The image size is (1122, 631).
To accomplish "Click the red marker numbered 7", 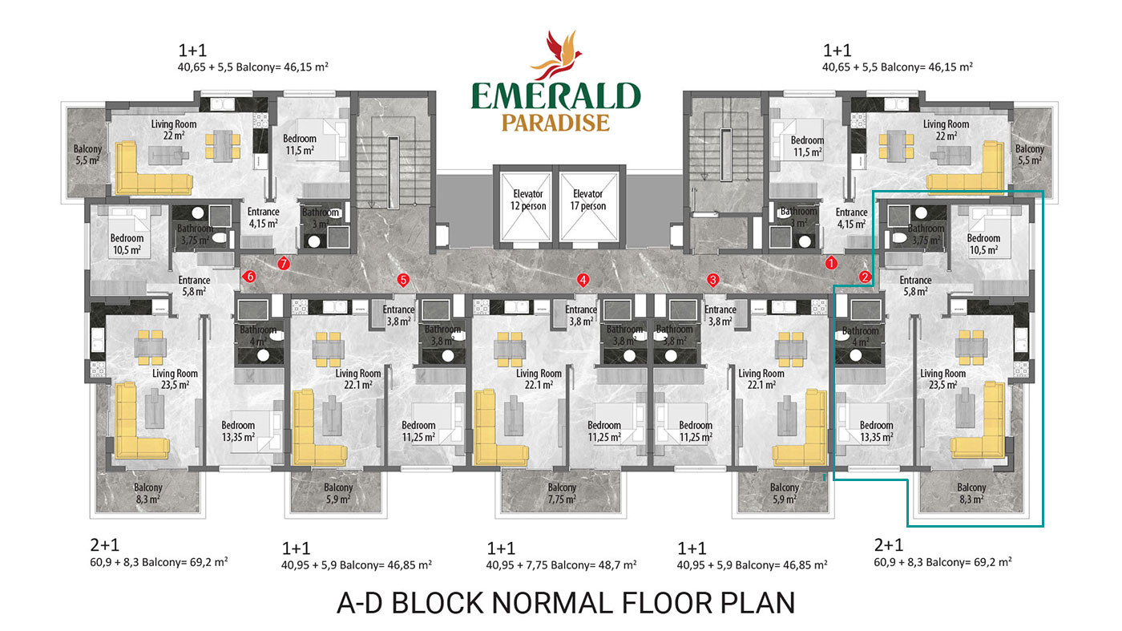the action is (284, 263).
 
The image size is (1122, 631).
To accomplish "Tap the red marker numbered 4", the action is (583, 280).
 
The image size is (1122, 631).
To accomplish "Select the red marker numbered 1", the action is (831, 263).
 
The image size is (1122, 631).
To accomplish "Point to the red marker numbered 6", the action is (249, 276).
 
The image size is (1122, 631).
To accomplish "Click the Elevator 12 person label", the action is (528, 200).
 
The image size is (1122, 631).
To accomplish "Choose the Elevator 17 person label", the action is (587, 200).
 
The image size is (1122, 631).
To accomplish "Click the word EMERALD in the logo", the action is (556, 96).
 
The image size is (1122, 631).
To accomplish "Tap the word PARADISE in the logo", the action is (556, 123).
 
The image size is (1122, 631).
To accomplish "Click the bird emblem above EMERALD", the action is (557, 55).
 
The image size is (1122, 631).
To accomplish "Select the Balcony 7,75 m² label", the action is (562, 493).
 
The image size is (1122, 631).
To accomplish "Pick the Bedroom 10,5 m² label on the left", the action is (127, 244).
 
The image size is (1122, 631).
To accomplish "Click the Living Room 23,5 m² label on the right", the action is (942, 379).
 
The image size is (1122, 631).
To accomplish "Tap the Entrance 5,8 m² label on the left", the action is (194, 285).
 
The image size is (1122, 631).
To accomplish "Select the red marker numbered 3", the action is (712, 280).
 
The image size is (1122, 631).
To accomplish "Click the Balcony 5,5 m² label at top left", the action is (87, 155).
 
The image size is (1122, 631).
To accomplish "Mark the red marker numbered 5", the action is (402, 280).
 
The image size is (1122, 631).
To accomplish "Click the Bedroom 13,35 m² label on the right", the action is (877, 431).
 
